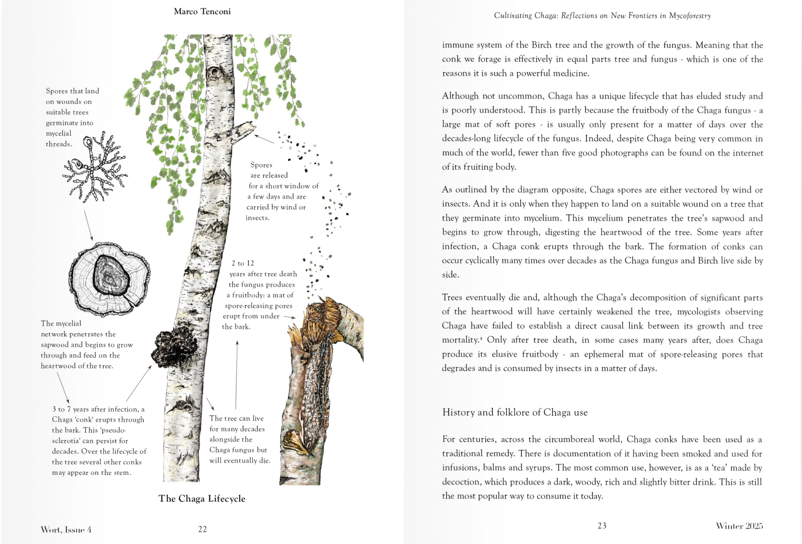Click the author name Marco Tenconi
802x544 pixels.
pyautogui.click(x=202, y=12)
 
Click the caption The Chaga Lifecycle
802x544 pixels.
pyautogui.click(x=202, y=498)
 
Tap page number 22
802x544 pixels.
pyautogui.click(x=202, y=529)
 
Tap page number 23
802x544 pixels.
pyautogui.click(x=602, y=526)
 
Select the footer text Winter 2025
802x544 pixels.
pyautogui.click(x=739, y=526)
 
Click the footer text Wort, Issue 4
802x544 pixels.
pyautogui.click(x=66, y=530)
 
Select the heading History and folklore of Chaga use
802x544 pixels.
pyautogui.click(x=515, y=412)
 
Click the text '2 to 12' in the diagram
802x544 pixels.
pyautogui.click(x=243, y=263)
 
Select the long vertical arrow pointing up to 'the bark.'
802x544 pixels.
pyautogui.click(x=236, y=375)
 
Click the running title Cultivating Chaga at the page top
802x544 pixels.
pyautogui.click(x=602, y=15)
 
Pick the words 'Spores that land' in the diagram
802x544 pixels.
pyautogui.click(x=73, y=91)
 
